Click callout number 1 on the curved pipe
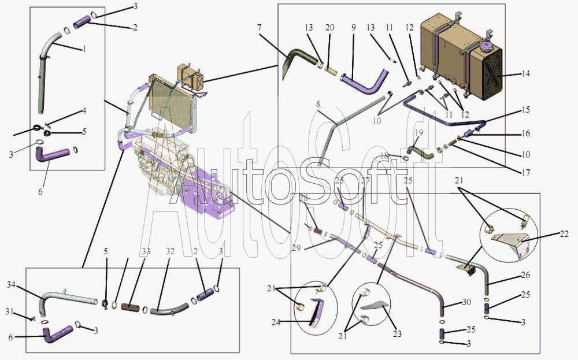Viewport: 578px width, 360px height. (84, 49)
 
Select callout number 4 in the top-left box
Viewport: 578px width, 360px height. (84, 110)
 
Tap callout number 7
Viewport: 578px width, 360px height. (260, 28)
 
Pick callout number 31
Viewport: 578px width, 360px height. (25, 312)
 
